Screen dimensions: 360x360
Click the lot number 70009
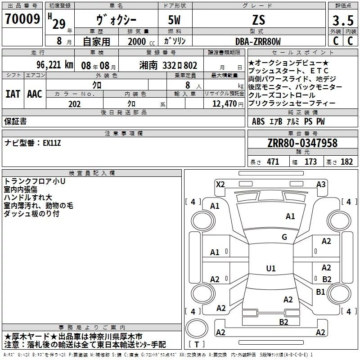tap(22, 19)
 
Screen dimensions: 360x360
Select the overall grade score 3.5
tap(343, 20)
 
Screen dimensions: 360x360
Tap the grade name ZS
tap(259, 20)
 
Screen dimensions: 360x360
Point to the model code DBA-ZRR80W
tap(258, 41)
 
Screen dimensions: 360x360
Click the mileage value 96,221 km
tap(55, 65)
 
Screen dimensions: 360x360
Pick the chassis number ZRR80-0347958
tap(302, 143)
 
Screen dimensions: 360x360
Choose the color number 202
tap(74, 104)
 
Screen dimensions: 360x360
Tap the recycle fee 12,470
tap(225, 104)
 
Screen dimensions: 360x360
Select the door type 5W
tap(174, 20)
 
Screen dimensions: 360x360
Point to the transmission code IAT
tap(13, 94)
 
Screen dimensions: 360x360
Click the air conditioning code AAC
tap(35, 94)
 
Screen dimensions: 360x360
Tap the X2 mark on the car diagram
tap(220, 184)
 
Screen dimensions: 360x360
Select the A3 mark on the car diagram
tap(321, 184)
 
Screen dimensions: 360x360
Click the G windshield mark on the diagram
tap(284, 237)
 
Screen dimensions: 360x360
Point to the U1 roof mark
tap(271, 268)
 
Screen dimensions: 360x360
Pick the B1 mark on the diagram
tap(320, 292)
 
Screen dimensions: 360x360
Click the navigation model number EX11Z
tap(52, 143)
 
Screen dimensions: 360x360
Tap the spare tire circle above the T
tap(197, 328)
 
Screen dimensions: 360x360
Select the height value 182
tap(346, 162)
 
